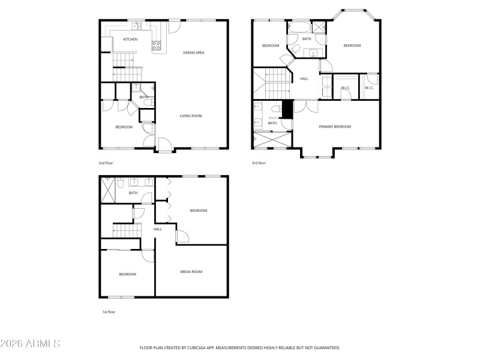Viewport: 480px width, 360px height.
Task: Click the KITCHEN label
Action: point(130,40)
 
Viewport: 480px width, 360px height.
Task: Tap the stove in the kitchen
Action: point(157,44)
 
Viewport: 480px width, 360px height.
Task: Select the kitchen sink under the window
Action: point(137,26)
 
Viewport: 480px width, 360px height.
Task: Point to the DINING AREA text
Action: point(194,53)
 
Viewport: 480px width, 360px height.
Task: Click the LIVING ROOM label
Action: point(191,116)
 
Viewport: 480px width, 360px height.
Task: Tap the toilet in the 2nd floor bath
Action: point(152,89)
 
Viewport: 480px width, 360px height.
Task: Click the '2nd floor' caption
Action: point(106,163)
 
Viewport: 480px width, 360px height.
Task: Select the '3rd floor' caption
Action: point(259,163)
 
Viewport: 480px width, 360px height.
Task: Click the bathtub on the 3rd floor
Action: point(298,28)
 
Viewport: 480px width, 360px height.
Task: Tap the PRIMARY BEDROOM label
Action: point(335,127)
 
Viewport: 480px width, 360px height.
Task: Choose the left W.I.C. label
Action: point(346,88)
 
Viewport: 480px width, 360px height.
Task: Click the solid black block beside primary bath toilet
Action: point(287,109)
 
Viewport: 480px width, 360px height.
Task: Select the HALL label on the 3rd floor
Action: point(304,79)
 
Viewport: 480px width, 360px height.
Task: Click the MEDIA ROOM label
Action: point(191,272)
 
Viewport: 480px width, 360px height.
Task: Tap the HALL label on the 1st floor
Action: point(158,229)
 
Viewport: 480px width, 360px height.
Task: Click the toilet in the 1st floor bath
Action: point(120,185)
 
